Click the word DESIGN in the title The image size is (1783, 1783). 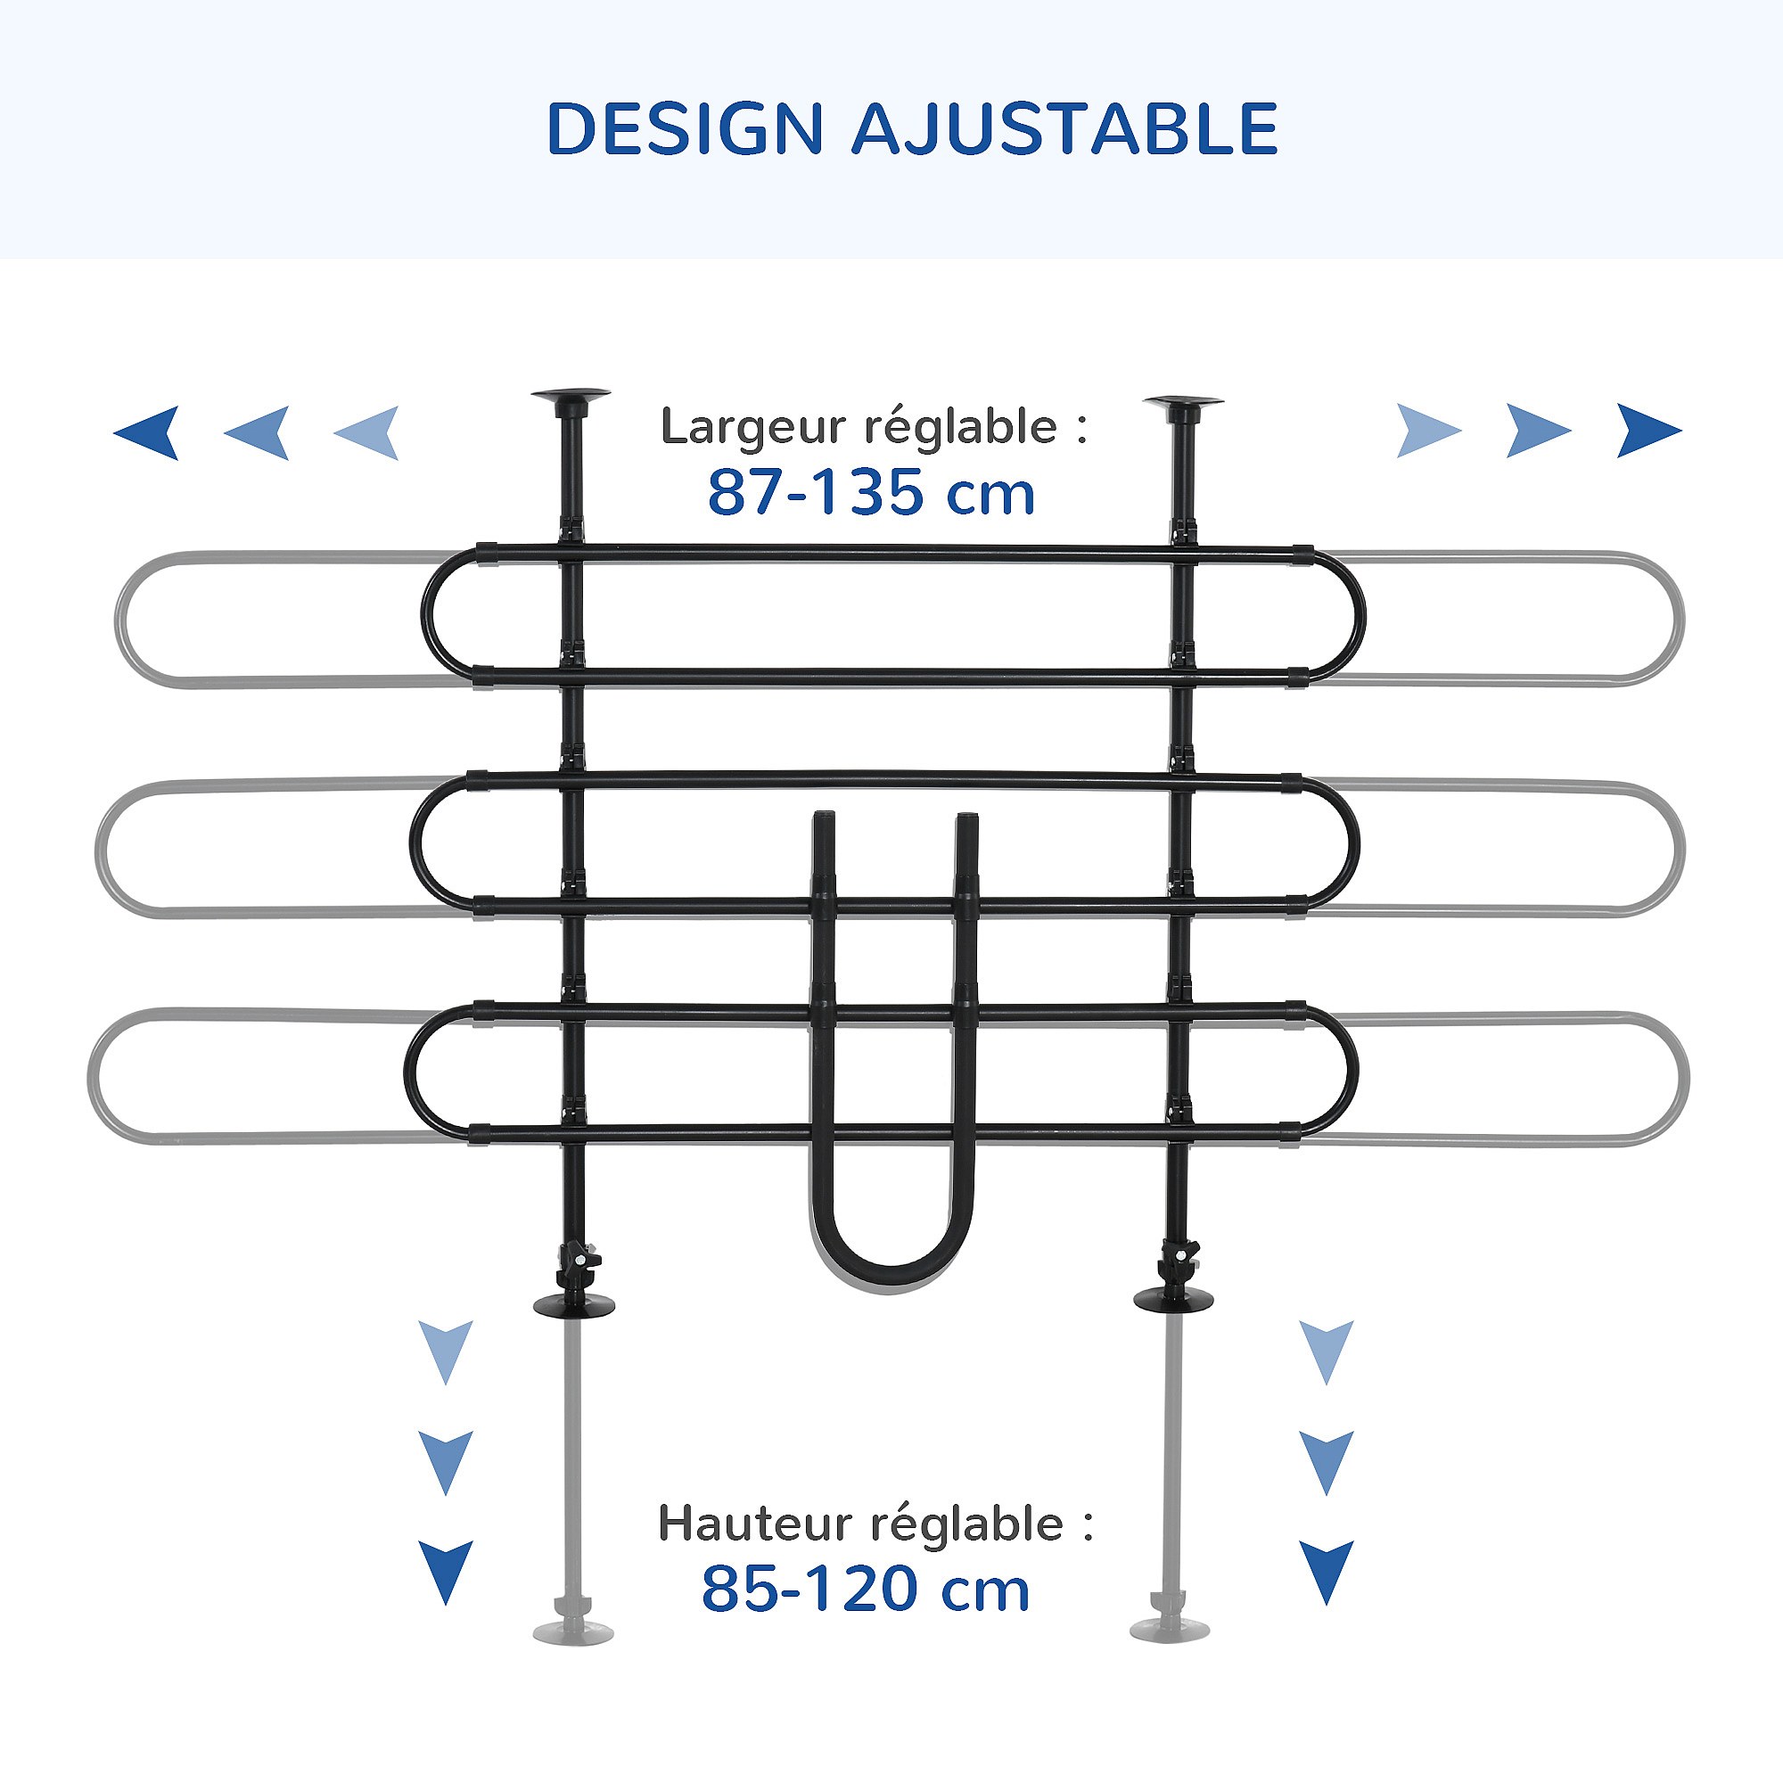[685, 128]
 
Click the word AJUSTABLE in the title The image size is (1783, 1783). [1064, 128]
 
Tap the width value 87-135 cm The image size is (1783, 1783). [871, 492]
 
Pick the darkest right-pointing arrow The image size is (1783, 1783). [1649, 430]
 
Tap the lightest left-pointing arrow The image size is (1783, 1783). [366, 431]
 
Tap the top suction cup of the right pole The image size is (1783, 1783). [1183, 403]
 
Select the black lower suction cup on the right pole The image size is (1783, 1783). [1173, 1297]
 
